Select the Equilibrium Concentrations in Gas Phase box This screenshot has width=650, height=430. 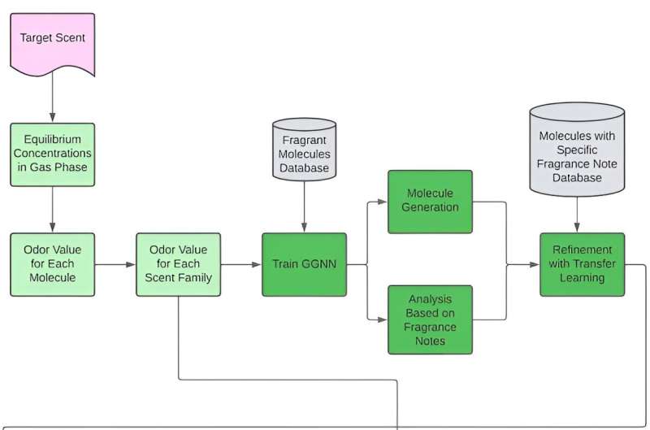(52, 153)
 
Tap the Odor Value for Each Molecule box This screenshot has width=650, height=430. (52, 264)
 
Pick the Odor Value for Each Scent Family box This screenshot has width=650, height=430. (178, 264)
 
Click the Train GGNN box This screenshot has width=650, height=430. (304, 264)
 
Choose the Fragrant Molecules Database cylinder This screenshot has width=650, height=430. (304, 150)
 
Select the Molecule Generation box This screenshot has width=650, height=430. (430, 201)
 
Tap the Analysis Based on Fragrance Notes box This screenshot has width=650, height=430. (430, 319)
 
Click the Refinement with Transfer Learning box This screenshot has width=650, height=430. (577, 264)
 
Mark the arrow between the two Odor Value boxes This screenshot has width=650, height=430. (115, 264)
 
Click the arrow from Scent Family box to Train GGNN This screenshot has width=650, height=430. (240, 264)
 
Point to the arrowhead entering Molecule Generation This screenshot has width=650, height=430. (383, 201)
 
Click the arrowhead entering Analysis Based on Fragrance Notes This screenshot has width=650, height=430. (383, 319)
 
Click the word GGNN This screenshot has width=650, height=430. (318, 264)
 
